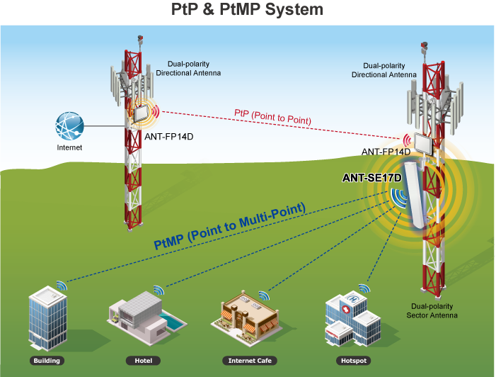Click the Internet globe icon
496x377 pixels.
point(69,127)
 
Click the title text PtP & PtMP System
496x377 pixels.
point(247,10)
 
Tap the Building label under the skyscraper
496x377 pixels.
point(47,361)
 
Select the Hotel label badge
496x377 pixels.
point(143,361)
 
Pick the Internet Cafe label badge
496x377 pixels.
point(250,361)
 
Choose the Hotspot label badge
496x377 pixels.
point(354,361)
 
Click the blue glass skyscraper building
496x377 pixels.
point(47,319)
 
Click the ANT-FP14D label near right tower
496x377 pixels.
point(386,152)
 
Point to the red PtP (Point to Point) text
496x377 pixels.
point(272,117)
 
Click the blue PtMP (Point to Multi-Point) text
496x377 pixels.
point(229,226)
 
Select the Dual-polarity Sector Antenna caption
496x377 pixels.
point(432,310)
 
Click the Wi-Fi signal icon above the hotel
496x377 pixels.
point(158,291)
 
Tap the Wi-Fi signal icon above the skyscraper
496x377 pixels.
point(61,286)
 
